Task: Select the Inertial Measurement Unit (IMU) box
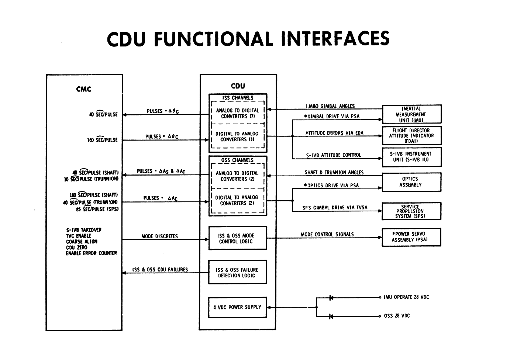(x=411, y=114)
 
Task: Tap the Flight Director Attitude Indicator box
(x=411, y=135)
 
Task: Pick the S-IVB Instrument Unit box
(x=411, y=157)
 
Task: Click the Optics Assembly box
(x=411, y=182)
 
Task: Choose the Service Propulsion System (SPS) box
(x=411, y=211)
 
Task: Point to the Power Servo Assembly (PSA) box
(x=411, y=237)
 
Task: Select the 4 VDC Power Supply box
(x=237, y=307)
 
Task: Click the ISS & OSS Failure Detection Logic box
(x=237, y=273)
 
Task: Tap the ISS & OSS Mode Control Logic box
(x=237, y=239)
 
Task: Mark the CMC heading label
(x=84, y=89)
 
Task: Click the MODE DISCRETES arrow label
(x=160, y=236)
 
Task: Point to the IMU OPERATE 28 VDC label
(x=406, y=297)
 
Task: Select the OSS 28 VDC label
(x=397, y=316)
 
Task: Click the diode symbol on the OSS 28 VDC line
(x=331, y=316)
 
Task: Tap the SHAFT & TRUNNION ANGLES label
(x=334, y=172)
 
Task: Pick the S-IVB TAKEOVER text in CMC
(x=84, y=230)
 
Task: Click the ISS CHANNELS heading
(x=238, y=98)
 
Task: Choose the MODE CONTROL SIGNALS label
(x=327, y=234)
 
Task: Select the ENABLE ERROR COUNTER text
(x=91, y=253)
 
